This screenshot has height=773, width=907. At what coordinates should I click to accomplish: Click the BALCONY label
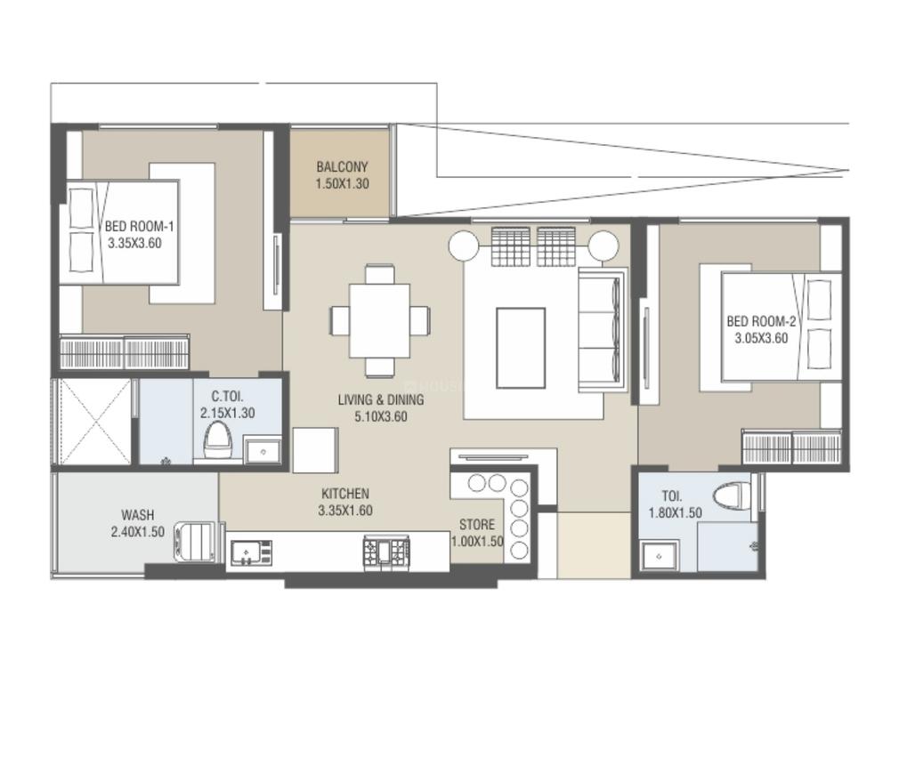(342, 167)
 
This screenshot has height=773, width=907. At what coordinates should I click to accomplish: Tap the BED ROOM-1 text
(134, 227)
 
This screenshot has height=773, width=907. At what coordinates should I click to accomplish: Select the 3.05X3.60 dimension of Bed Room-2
(761, 338)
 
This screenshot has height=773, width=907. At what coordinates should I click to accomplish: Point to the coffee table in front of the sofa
(521, 348)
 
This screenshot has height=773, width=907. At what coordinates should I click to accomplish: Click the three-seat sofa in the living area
(602, 328)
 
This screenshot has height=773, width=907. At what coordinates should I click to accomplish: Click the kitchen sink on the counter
(250, 552)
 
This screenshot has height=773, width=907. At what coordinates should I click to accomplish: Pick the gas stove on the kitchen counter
(386, 552)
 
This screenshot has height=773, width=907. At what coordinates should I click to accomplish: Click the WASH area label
(138, 515)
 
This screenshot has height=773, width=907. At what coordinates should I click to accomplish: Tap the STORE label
(476, 525)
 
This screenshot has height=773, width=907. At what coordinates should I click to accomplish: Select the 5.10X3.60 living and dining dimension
(380, 415)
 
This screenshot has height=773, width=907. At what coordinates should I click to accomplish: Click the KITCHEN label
(345, 494)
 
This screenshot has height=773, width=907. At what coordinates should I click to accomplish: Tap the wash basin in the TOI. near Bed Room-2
(660, 555)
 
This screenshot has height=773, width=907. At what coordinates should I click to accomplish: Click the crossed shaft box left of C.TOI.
(93, 422)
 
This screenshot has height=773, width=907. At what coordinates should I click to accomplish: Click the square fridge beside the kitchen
(315, 449)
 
